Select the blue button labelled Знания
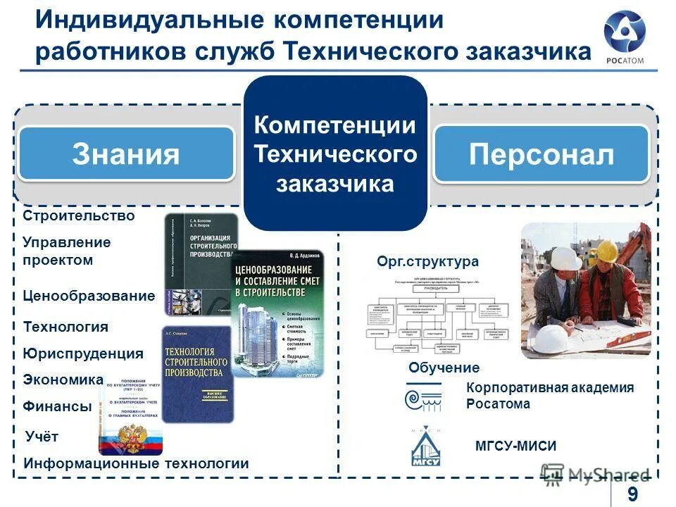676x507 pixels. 126,154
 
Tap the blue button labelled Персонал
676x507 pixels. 541,155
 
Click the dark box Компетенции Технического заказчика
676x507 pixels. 335,154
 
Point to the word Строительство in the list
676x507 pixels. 78,215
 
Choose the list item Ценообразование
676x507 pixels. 89,296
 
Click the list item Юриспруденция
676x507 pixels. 83,353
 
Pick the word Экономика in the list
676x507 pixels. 63,380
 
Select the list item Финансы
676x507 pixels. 58,406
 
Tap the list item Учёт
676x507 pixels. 42,437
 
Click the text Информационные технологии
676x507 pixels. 136,463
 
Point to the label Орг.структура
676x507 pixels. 428,262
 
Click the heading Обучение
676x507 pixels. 444,368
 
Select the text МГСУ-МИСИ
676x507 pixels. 516,446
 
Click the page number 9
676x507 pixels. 632,494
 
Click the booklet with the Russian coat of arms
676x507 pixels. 131,416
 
